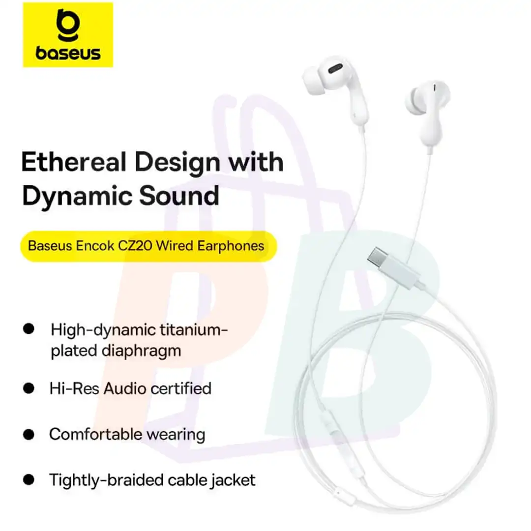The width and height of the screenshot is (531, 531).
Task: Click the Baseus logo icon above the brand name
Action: (68, 26)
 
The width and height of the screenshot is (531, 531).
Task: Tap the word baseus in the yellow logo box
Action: (68, 53)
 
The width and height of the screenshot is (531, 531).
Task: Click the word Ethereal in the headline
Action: (74, 162)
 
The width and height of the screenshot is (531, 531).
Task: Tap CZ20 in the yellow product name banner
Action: (135, 246)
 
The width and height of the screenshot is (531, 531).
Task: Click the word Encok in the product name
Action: (95, 246)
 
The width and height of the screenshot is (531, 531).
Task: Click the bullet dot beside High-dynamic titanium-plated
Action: (29, 328)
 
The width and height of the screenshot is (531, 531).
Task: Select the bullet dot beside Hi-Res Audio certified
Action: (29, 388)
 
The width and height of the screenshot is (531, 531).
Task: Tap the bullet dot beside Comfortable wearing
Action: (29, 434)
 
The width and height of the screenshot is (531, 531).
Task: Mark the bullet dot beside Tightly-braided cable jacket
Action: (29, 479)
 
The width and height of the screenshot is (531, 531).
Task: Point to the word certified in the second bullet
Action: (181, 388)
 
